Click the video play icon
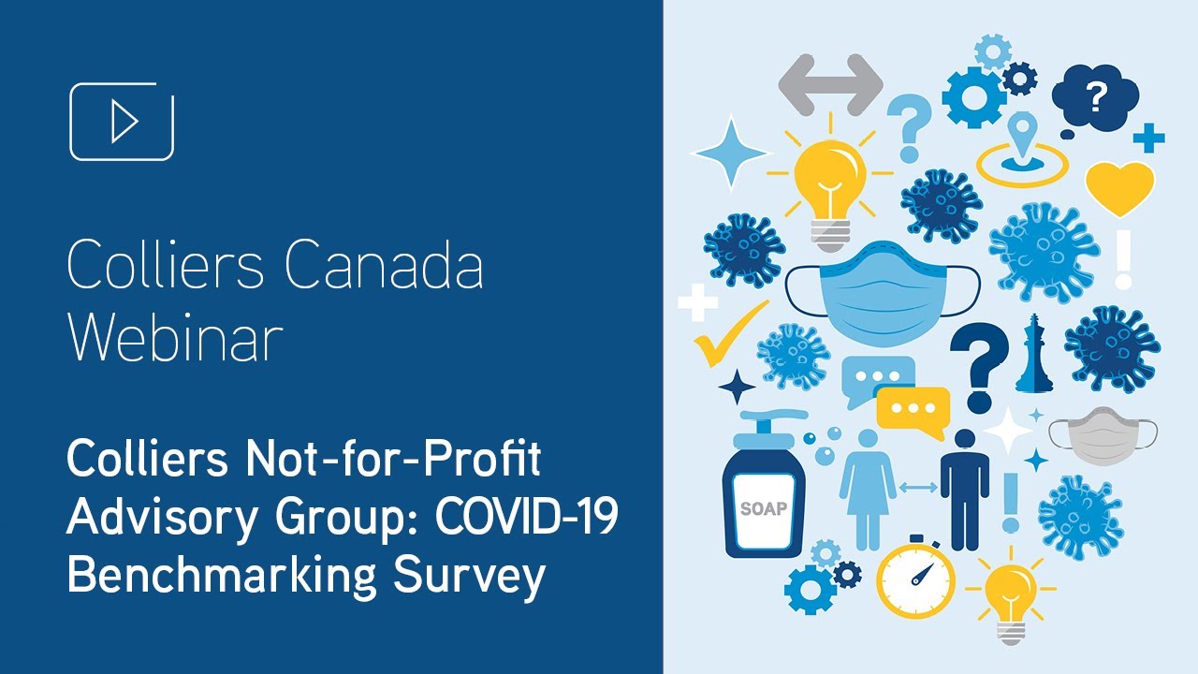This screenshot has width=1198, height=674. click(x=122, y=122)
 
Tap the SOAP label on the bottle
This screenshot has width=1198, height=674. click(x=763, y=510)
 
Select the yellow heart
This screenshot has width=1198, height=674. click(x=1119, y=186)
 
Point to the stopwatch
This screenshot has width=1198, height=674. click(x=914, y=577)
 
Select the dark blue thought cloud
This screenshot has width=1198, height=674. click(x=1095, y=97)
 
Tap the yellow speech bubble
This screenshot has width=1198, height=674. click(x=912, y=410)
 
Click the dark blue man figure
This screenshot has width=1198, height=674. click(x=964, y=487)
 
